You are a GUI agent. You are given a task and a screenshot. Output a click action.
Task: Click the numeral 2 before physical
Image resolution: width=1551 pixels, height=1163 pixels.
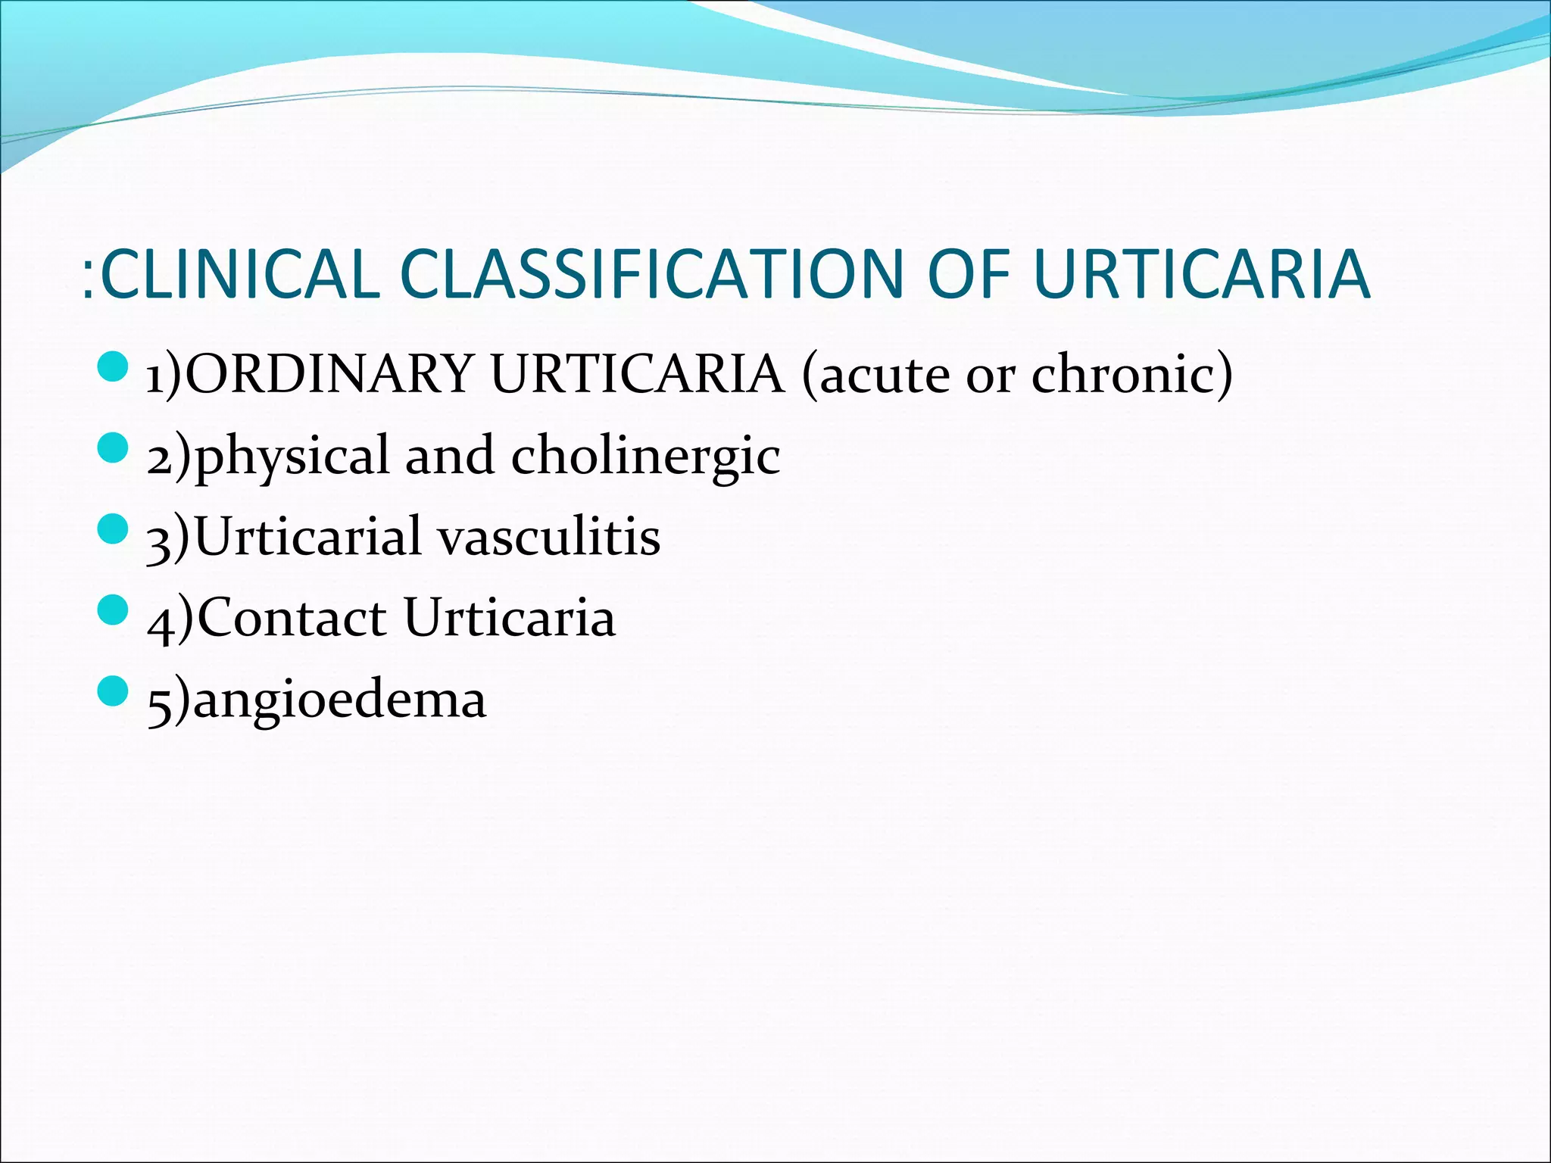[x=160, y=459]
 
